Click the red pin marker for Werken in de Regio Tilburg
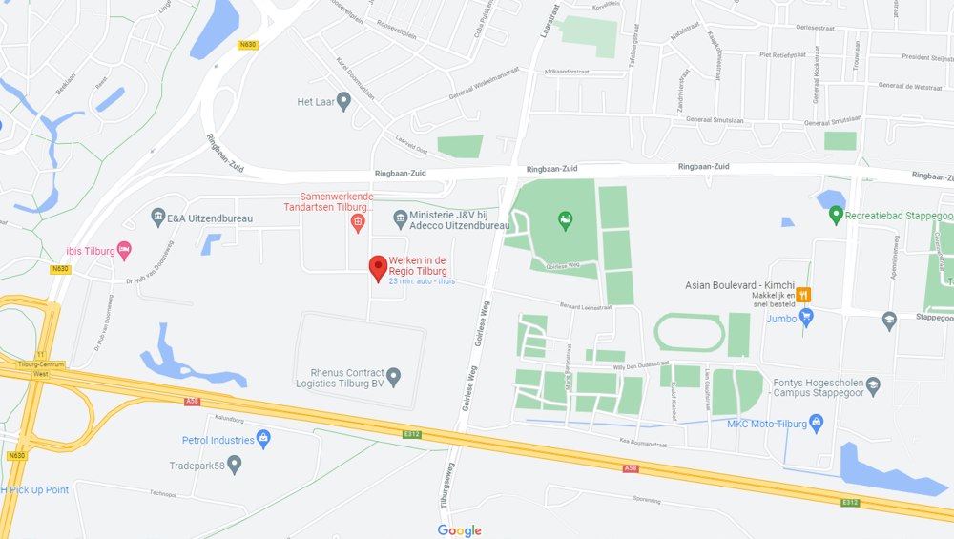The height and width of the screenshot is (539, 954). point(379,267)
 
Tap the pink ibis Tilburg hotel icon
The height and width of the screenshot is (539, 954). point(124,251)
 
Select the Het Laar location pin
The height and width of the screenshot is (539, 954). point(344,102)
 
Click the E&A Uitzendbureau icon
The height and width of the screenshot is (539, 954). point(158,218)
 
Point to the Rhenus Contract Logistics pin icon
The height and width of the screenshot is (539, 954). point(393,375)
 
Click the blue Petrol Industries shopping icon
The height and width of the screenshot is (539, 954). point(264,440)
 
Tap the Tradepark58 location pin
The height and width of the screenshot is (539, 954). point(235,465)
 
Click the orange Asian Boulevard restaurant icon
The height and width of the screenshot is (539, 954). point(804,296)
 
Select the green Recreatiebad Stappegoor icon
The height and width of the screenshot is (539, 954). point(837,216)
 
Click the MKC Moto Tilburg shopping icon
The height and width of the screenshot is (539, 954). point(816,424)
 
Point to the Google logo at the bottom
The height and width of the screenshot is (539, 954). point(460,530)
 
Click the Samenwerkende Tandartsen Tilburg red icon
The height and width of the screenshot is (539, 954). point(358,223)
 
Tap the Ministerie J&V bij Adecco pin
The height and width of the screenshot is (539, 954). point(400,220)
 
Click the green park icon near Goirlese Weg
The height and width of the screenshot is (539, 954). point(565,221)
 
